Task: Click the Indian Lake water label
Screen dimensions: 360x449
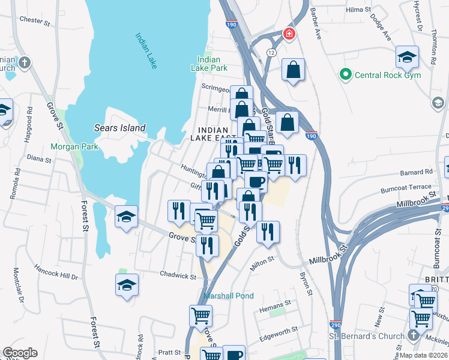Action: [x=146, y=50]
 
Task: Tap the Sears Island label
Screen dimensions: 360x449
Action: [x=119, y=128]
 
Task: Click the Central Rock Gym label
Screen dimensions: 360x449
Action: [x=388, y=75]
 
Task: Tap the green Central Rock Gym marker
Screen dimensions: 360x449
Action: [x=345, y=75]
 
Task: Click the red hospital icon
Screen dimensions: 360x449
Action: [x=289, y=34]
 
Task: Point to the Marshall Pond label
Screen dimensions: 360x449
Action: [x=228, y=296]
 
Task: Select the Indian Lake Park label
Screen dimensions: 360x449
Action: [x=213, y=64]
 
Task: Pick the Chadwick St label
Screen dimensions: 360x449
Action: [x=178, y=276]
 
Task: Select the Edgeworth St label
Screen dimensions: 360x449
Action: [x=278, y=330]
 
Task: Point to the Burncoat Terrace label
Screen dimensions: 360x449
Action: [x=406, y=189]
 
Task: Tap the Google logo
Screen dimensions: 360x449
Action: [x=20, y=353]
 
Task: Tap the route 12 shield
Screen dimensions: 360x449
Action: [x=272, y=53]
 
